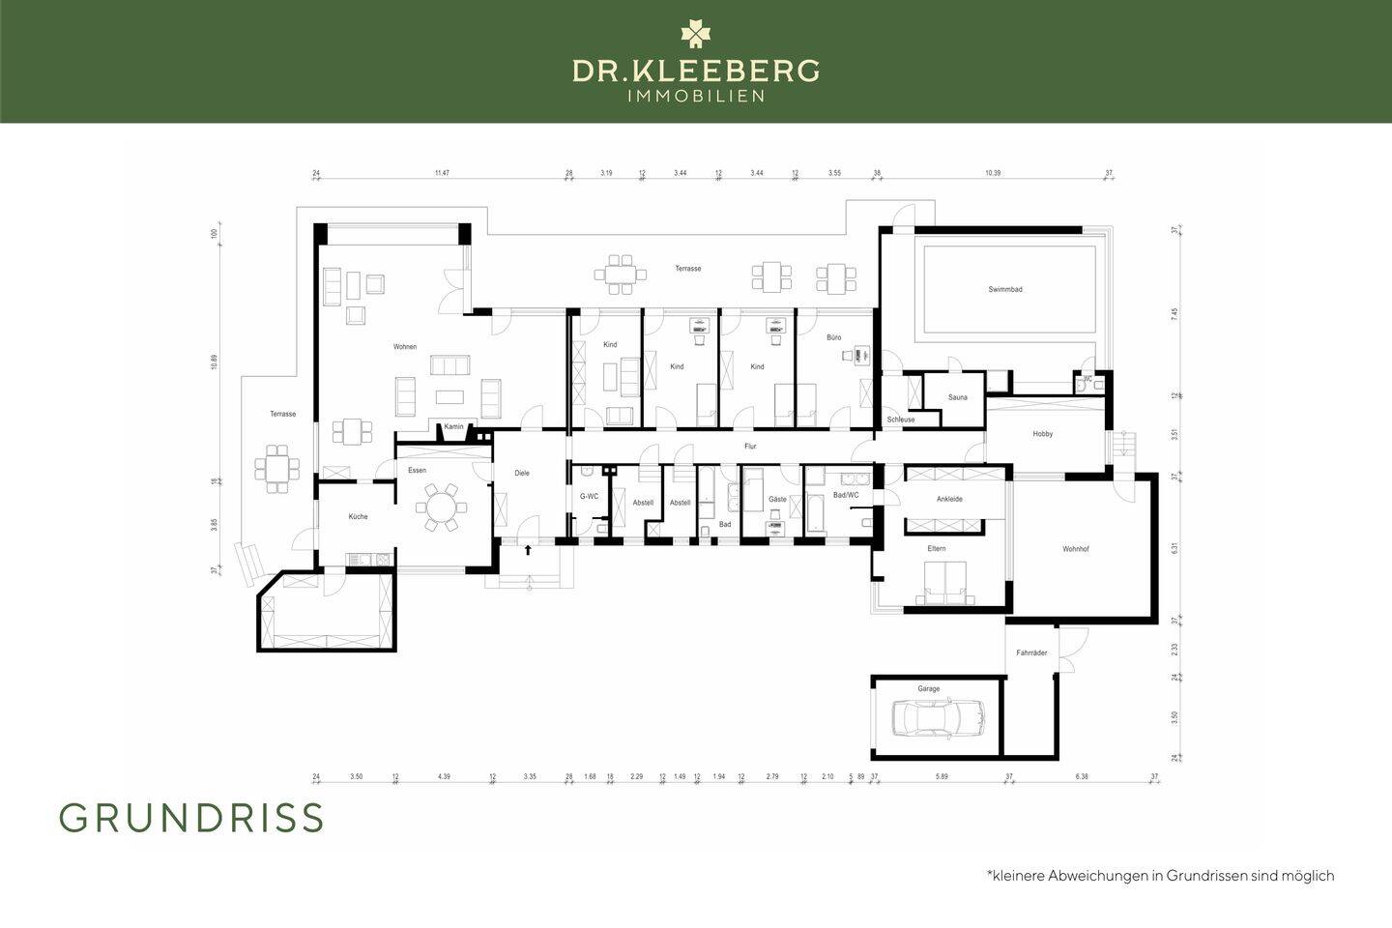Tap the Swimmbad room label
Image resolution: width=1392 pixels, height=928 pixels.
[x=1004, y=289]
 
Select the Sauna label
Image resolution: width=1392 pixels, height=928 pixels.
[x=957, y=397]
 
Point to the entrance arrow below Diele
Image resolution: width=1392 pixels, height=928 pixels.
[x=528, y=550]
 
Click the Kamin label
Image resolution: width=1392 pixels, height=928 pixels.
[x=454, y=426]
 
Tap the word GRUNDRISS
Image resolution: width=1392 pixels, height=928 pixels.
[x=191, y=818]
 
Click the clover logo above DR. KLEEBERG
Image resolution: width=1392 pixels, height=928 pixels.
[x=695, y=34]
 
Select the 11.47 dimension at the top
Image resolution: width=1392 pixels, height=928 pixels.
[x=442, y=173]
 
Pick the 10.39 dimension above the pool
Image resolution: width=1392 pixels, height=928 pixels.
[x=993, y=173]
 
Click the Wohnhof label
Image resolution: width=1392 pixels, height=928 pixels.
[x=1076, y=549]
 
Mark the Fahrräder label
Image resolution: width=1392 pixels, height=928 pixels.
[x=1031, y=652]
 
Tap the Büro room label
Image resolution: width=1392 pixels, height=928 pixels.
[x=833, y=337]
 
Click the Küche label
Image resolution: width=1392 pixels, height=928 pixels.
[x=358, y=516]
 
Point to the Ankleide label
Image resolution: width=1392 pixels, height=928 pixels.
[x=949, y=499]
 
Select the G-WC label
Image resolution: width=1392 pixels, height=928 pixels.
[x=589, y=496]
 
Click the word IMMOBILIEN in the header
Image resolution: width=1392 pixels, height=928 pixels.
[x=696, y=96]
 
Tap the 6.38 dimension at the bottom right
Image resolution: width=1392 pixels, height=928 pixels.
[x=1081, y=776]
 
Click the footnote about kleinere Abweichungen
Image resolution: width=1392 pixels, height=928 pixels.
[x=1160, y=876]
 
